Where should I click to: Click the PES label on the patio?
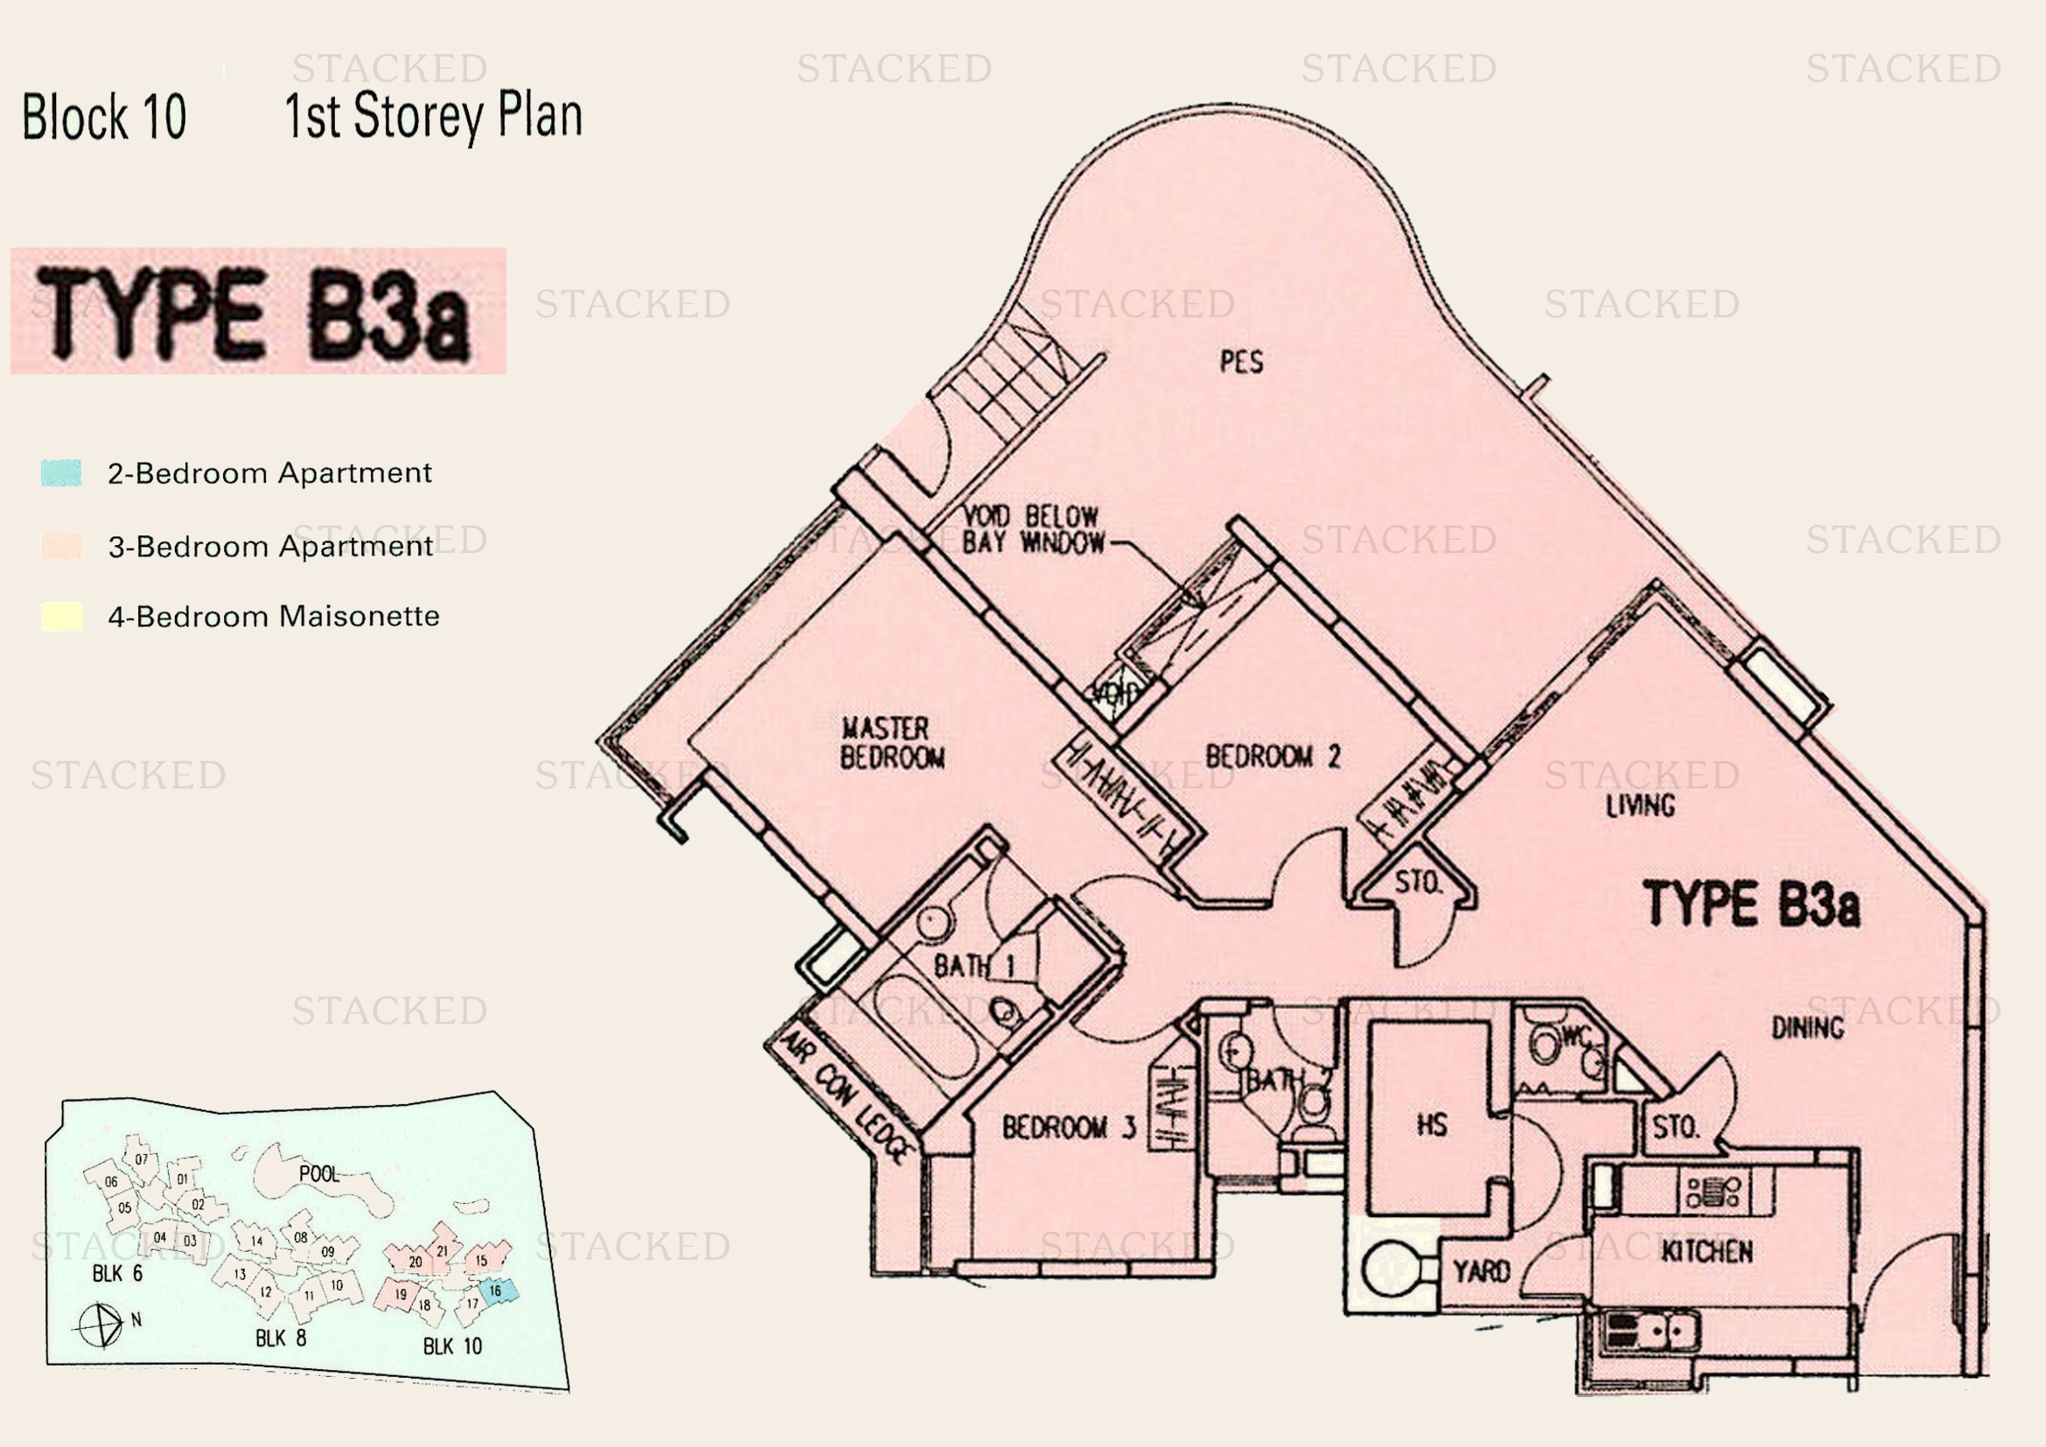[1241, 362]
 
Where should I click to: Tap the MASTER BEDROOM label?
[891, 742]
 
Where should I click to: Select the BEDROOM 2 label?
[1273, 757]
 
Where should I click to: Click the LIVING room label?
[1639, 806]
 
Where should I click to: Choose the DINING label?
[1807, 1028]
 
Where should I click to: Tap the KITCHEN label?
[1707, 1252]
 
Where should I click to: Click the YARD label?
[1481, 1270]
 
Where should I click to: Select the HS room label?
[1431, 1125]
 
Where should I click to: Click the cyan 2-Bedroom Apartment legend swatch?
[61, 472]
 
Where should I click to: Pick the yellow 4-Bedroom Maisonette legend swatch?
[61, 617]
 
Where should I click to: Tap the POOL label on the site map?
[319, 1174]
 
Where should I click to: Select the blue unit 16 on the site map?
[495, 1290]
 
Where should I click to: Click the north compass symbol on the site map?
[100, 1325]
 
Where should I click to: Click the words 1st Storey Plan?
[433, 115]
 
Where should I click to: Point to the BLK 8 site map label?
[281, 1339]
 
